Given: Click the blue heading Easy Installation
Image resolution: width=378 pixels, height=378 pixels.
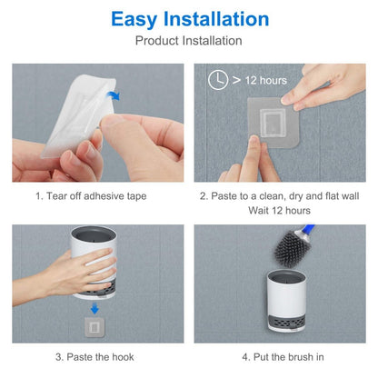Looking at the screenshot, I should point(189,18).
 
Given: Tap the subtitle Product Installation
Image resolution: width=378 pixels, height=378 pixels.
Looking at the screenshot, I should point(189,41).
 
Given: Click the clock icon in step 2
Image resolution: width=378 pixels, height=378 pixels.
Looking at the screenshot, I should point(217,80).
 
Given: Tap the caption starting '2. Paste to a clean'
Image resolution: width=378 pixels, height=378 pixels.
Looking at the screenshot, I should point(279,194).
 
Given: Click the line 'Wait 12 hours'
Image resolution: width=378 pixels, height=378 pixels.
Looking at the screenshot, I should point(279,210).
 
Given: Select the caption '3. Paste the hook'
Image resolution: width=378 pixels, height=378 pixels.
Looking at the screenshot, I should point(94,356).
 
